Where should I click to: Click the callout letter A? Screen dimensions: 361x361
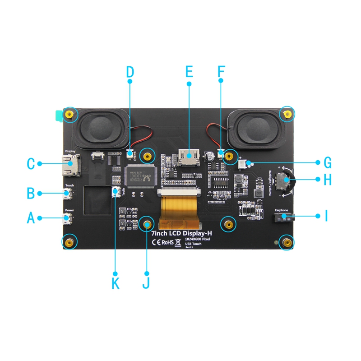(31, 218)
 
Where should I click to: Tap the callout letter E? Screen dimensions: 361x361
(189, 72)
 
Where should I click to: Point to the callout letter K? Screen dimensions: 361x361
(116, 284)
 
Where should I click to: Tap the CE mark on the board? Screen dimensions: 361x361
(156, 242)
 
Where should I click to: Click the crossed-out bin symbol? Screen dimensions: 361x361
(178, 243)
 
